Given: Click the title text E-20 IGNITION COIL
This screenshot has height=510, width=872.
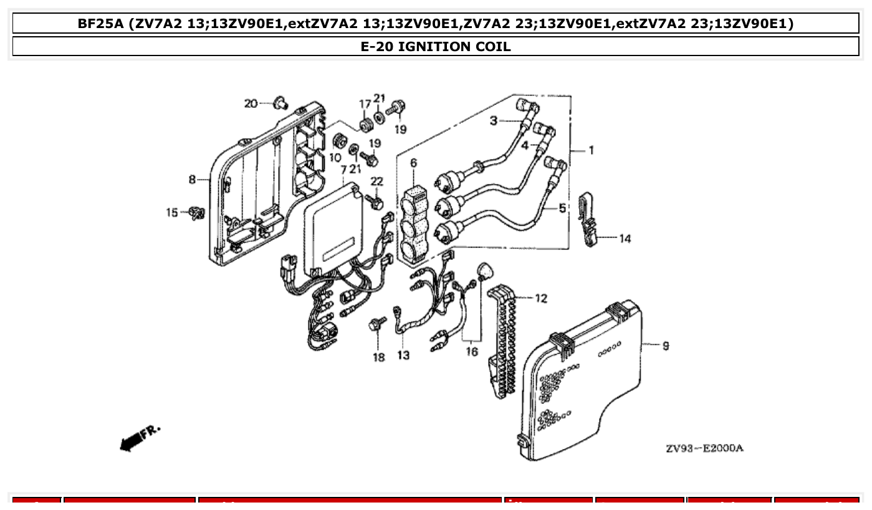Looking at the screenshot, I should [x=436, y=47].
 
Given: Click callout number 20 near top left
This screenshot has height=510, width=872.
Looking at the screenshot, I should [x=251, y=103].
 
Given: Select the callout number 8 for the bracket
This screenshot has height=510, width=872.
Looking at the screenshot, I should [x=193, y=180].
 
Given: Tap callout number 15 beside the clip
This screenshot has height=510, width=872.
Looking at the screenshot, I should [x=172, y=213].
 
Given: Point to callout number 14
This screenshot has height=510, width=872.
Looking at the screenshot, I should [x=625, y=238].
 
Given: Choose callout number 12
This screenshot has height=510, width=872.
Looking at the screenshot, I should [x=541, y=299].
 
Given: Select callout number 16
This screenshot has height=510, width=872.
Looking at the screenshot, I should [x=472, y=352].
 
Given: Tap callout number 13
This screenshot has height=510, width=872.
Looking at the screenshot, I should [x=403, y=355].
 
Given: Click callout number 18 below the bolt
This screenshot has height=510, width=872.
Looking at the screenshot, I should [x=379, y=357].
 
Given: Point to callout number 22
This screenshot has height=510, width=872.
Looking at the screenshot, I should [x=377, y=181].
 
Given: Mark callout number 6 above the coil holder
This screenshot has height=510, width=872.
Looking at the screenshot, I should [x=413, y=163].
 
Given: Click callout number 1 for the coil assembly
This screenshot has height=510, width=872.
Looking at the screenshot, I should [x=591, y=150].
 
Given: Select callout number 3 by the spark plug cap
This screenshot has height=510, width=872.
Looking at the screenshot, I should [x=493, y=121].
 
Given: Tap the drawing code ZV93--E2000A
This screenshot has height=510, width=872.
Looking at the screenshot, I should [x=704, y=448].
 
